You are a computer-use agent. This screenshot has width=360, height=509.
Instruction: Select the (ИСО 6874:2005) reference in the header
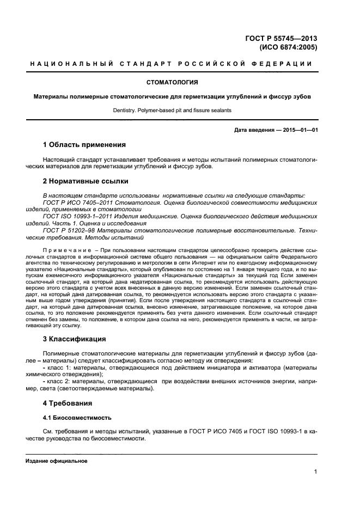tap(289, 47)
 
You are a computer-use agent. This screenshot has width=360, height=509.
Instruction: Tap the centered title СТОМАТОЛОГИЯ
tap(172, 82)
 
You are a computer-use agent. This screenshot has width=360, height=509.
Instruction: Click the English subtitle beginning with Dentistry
tap(172, 110)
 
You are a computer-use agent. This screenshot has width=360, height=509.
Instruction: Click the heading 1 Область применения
tap(84, 145)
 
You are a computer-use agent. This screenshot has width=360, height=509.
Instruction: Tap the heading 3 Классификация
tap(74, 339)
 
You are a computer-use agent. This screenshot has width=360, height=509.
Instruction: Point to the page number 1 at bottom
tap(315, 472)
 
